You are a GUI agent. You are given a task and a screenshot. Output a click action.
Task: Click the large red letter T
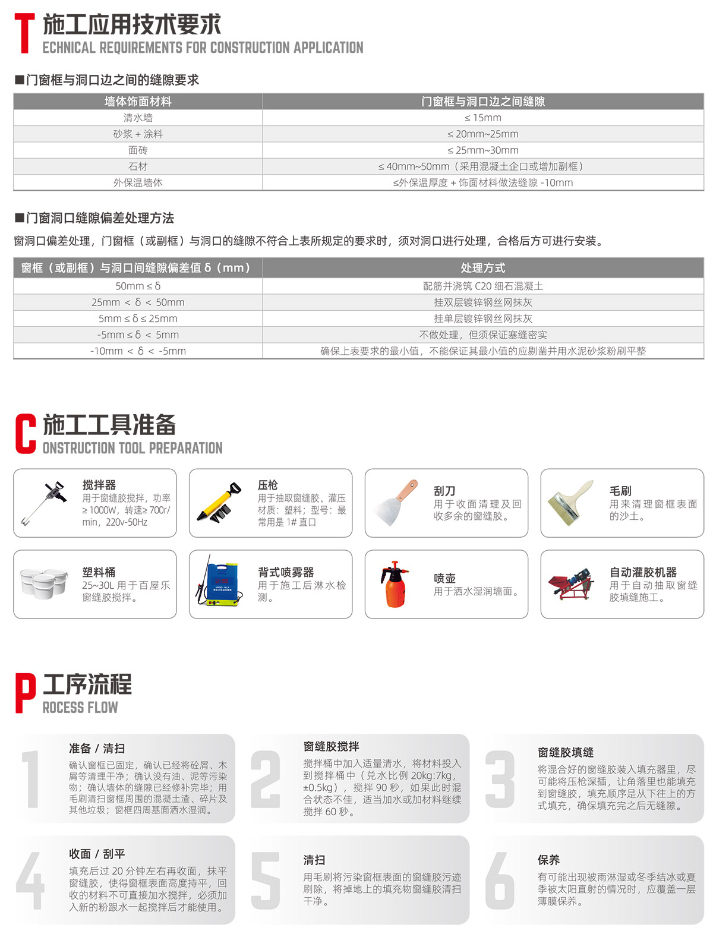pyautogui.click(x=24, y=34)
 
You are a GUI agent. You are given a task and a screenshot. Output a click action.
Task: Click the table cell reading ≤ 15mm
pyautogui.click(x=482, y=118)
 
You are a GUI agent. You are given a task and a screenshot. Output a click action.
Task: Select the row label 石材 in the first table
pyautogui.click(x=138, y=166)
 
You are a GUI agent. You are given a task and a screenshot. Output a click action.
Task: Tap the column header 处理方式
pyautogui.click(x=482, y=267)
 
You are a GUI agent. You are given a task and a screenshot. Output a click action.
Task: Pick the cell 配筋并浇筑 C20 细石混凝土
pyautogui.click(x=482, y=286)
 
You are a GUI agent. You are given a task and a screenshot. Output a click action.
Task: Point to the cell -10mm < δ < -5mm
pyautogui.click(x=138, y=351)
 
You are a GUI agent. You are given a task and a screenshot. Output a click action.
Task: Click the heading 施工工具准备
pyautogui.click(x=110, y=425)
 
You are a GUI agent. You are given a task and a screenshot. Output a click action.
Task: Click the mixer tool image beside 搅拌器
pyautogui.click(x=43, y=503)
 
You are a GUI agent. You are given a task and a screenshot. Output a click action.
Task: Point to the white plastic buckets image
pyautogui.click(x=43, y=583)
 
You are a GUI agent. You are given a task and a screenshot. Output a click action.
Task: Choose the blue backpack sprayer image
pyautogui.click(x=219, y=583)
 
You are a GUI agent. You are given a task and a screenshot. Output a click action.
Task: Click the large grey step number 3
pyautogui.click(x=500, y=778)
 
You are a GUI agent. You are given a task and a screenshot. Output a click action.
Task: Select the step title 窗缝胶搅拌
pyautogui.click(x=331, y=746)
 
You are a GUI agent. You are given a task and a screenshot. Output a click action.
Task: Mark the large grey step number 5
pyautogui.click(x=266, y=881)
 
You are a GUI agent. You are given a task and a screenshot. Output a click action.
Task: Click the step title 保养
pyautogui.click(x=548, y=860)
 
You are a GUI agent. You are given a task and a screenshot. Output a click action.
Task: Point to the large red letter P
pyautogui.click(x=25, y=693)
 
